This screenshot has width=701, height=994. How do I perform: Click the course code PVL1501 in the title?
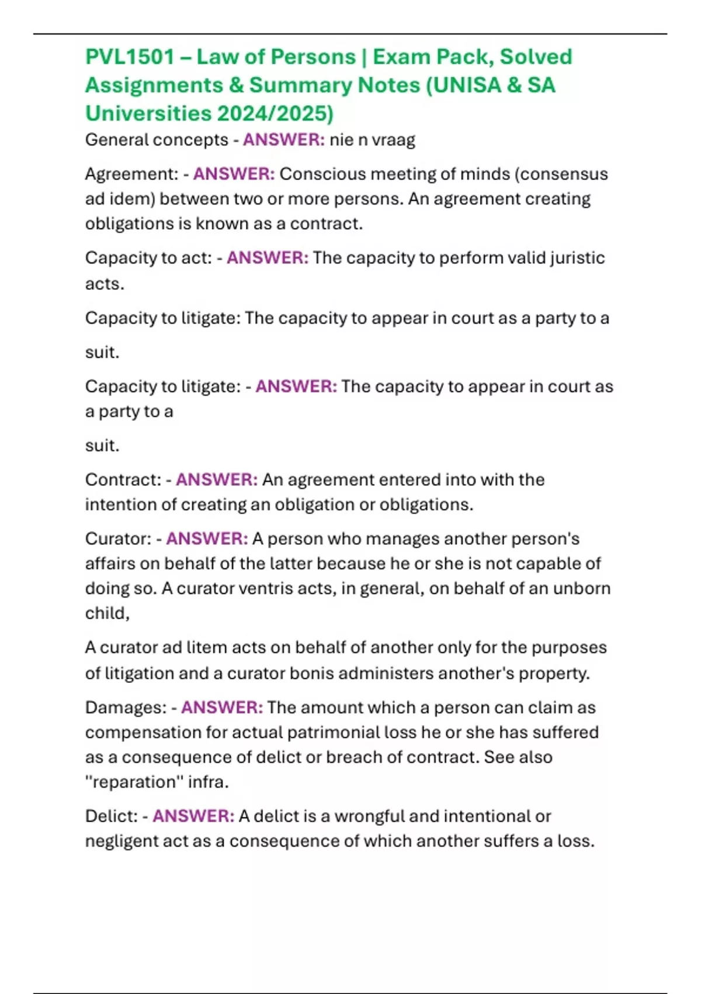click(x=130, y=57)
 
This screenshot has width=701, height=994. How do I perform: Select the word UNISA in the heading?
click(x=467, y=85)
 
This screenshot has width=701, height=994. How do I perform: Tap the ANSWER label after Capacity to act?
click(x=268, y=257)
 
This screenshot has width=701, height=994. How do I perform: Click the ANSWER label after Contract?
click(x=217, y=479)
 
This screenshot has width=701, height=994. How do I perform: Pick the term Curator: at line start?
click(x=119, y=539)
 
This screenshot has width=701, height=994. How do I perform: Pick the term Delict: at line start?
click(x=112, y=816)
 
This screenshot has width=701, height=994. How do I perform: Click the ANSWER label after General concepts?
click(x=284, y=140)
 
